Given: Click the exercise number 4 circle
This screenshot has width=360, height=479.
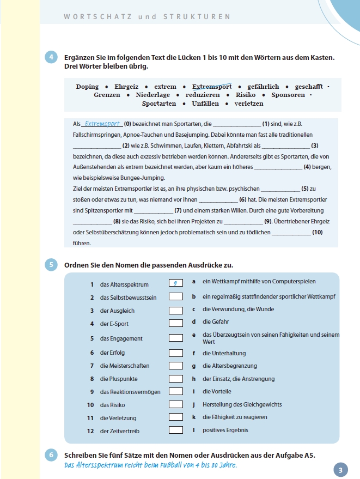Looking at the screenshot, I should pyautogui.click(x=52, y=57).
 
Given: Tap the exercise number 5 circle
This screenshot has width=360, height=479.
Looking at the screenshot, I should pyautogui.click(x=52, y=265).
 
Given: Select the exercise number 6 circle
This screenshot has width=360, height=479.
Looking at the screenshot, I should pyautogui.click(x=52, y=455).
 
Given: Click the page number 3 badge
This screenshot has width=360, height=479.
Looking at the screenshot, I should pyautogui.click(x=339, y=470).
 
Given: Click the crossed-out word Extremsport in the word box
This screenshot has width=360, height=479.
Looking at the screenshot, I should pyautogui.click(x=212, y=87).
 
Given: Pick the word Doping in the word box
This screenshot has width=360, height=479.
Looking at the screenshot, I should pyautogui.click(x=87, y=87).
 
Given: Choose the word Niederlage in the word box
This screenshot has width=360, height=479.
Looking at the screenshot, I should pyautogui.click(x=153, y=95).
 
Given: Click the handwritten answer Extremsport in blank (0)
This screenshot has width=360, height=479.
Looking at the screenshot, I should pyautogui.click(x=103, y=124).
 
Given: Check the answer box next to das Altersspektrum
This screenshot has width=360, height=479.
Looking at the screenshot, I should pyautogui.click(x=175, y=284).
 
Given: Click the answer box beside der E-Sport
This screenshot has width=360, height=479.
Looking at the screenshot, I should pyautogui.click(x=175, y=324).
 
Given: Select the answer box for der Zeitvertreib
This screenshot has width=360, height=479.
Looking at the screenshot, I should pyautogui.click(x=175, y=431).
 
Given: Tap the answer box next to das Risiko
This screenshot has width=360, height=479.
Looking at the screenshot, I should pyautogui.click(x=175, y=404).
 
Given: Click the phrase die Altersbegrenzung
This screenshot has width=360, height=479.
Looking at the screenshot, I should pyautogui.click(x=229, y=366).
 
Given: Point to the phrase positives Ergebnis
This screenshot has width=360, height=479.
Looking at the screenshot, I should pyautogui.click(x=225, y=430).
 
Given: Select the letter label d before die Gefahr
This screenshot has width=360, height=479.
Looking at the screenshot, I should pyautogui.click(x=194, y=322).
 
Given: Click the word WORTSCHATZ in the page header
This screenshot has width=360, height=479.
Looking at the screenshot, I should pyautogui.click(x=96, y=17).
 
